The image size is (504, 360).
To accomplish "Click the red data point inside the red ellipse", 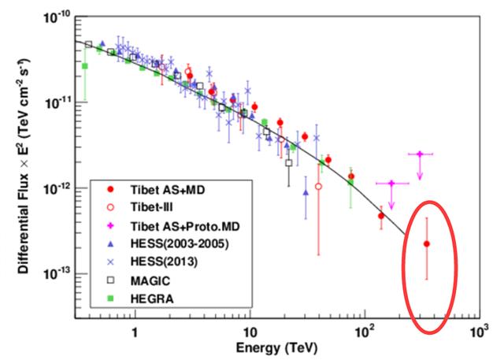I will [x=426, y=244].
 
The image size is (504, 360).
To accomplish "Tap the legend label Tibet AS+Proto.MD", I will [x=176, y=226].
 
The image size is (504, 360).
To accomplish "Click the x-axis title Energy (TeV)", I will [x=273, y=347].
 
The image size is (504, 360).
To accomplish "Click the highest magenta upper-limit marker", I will [x=420, y=154].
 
